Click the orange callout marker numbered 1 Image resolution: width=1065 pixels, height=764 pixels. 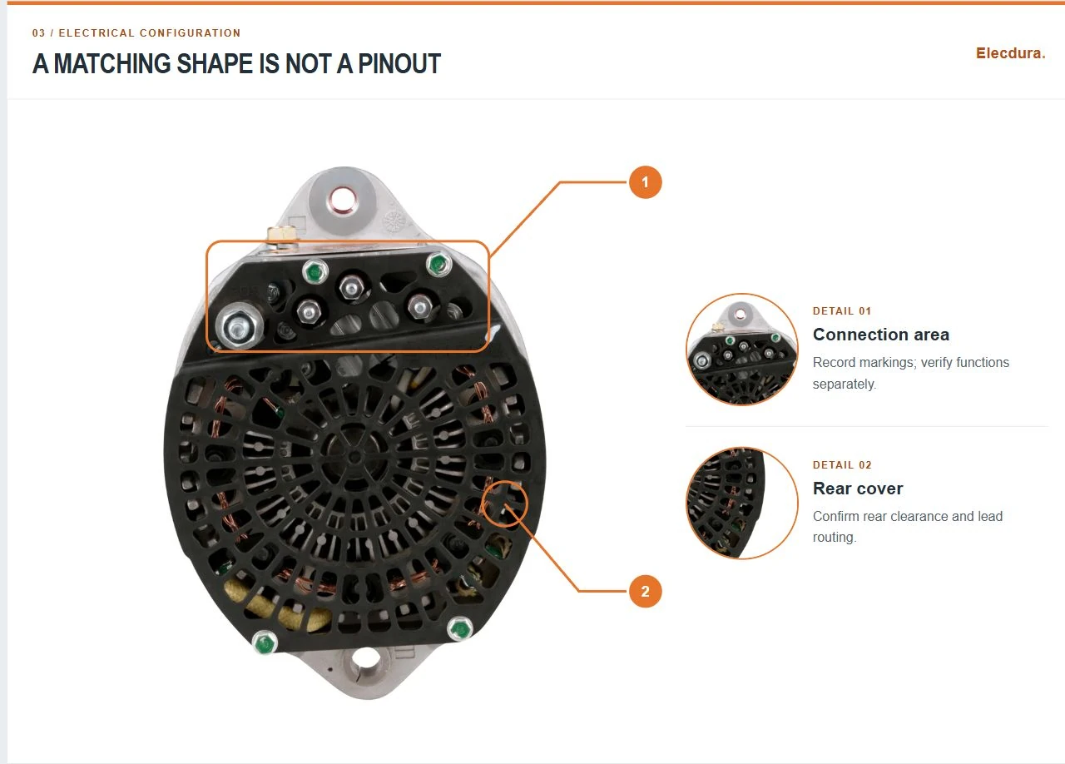click(645, 182)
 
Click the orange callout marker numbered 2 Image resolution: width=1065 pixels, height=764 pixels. click(645, 592)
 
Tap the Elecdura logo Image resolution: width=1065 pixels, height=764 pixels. click(1010, 53)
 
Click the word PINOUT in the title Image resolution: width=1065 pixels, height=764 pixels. click(399, 64)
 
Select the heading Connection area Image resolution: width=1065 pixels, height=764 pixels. click(881, 335)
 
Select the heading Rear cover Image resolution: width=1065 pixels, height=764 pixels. click(858, 489)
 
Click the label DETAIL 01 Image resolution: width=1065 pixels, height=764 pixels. click(842, 311)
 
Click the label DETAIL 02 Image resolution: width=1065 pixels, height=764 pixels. click(842, 464)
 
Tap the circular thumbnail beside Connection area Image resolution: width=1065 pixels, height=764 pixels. click(741, 350)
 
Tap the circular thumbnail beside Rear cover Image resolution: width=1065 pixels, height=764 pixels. click(741, 504)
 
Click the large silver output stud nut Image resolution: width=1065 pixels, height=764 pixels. click(238, 326)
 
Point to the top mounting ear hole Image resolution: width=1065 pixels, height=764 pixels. click(339, 200)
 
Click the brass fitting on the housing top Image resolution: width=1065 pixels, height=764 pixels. click(281, 235)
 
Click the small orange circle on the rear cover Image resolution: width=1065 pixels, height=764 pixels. click(504, 504)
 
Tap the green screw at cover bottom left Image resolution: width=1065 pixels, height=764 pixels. click(265, 643)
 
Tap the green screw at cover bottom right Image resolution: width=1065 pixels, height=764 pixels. click(460, 629)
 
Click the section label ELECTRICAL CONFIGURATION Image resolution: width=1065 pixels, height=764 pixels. click(150, 33)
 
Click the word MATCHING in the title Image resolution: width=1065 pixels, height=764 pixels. click(112, 64)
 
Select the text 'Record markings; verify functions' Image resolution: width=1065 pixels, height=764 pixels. click(910, 363)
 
